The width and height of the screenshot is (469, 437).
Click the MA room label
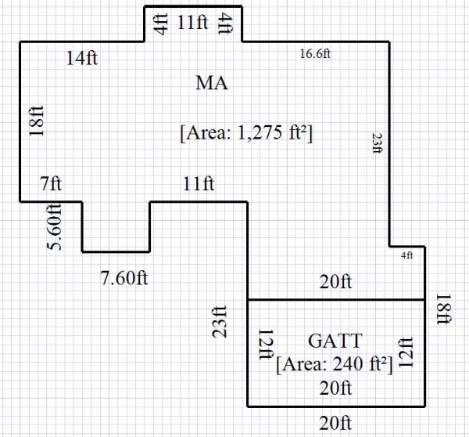point(212,83)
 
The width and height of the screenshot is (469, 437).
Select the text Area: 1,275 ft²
point(246,132)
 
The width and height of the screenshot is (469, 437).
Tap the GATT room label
point(335,341)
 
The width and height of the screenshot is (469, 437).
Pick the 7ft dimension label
point(50,185)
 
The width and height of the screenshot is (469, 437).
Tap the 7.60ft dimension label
point(124,277)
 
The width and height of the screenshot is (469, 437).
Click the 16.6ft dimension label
point(316,53)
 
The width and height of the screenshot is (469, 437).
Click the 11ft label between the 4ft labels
point(192,22)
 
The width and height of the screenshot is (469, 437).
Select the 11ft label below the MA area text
point(199,185)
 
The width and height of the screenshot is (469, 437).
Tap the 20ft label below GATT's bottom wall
point(335,424)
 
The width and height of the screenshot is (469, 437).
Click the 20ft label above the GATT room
point(335,282)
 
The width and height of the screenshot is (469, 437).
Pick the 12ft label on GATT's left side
point(264,345)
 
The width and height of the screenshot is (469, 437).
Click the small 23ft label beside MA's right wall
point(377,143)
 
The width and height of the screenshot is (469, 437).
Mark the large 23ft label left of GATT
point(221,321)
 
